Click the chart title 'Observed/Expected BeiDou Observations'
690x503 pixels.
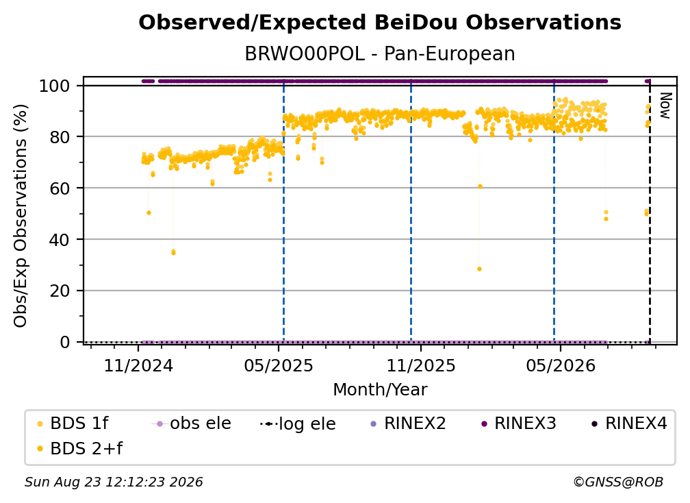pos(380,23)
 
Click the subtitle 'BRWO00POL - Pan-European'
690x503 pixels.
pos(380,54)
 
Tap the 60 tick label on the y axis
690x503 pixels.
pos(60,188)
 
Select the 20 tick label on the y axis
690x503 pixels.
pos(60,291)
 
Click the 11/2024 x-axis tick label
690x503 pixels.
pos(138,365)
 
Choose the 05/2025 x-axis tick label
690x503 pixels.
pos(278,365)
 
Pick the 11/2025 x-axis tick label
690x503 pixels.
pos(421,365)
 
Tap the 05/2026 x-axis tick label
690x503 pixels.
pos(560,365)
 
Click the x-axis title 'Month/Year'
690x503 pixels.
pos(380,390)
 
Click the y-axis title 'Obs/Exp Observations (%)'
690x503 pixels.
pos(21,215)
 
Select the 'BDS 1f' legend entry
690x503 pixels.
pos(73,424)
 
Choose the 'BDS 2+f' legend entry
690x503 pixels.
pos(79,448)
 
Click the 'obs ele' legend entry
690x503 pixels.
pos(191,424)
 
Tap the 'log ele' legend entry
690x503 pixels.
pos(298,424)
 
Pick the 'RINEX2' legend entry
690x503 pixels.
pos(408,424)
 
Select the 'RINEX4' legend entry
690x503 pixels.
pos(629,424)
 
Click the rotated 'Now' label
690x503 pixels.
pos(665,106)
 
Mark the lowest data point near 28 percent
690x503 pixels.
pos(479,269)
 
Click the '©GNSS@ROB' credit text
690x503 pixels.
pos(618,482)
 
